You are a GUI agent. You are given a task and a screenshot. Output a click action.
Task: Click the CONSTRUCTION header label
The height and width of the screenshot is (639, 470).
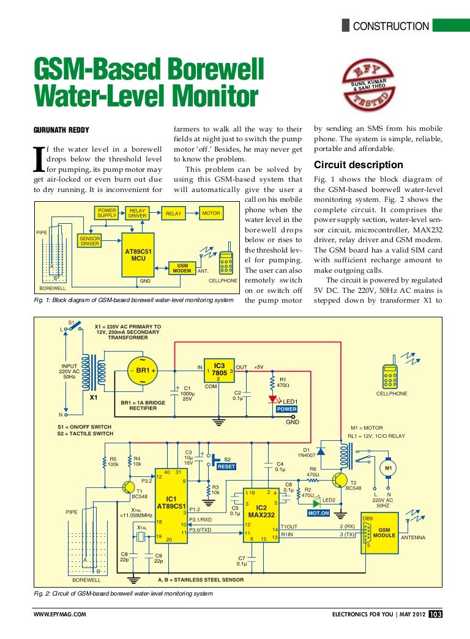tap(392, 26)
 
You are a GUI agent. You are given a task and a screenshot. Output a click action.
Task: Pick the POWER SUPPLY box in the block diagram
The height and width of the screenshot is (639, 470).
tap(107, 213)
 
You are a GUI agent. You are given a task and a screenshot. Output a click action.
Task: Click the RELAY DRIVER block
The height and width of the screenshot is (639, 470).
tap(137, 213)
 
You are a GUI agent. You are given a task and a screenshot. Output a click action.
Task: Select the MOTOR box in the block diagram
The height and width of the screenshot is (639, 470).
tap(211, 213)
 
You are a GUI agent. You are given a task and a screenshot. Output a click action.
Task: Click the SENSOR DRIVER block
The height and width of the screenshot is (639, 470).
tap(90, 240)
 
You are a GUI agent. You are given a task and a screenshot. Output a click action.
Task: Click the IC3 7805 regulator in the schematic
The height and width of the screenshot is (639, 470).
tap(219, 371)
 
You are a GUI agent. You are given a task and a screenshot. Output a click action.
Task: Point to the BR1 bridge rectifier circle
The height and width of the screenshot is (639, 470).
tap(143, 371)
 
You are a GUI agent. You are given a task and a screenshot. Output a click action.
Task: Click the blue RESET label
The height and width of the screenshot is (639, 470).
tap(226, 467)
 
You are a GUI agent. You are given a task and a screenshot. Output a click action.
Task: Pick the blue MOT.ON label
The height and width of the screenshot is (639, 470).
tap(318, 513)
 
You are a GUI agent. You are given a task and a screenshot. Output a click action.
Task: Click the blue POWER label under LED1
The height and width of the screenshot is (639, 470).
tap(286, 408)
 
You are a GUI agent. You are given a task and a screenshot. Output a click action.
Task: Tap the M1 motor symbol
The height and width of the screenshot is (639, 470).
tap(388, 468)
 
